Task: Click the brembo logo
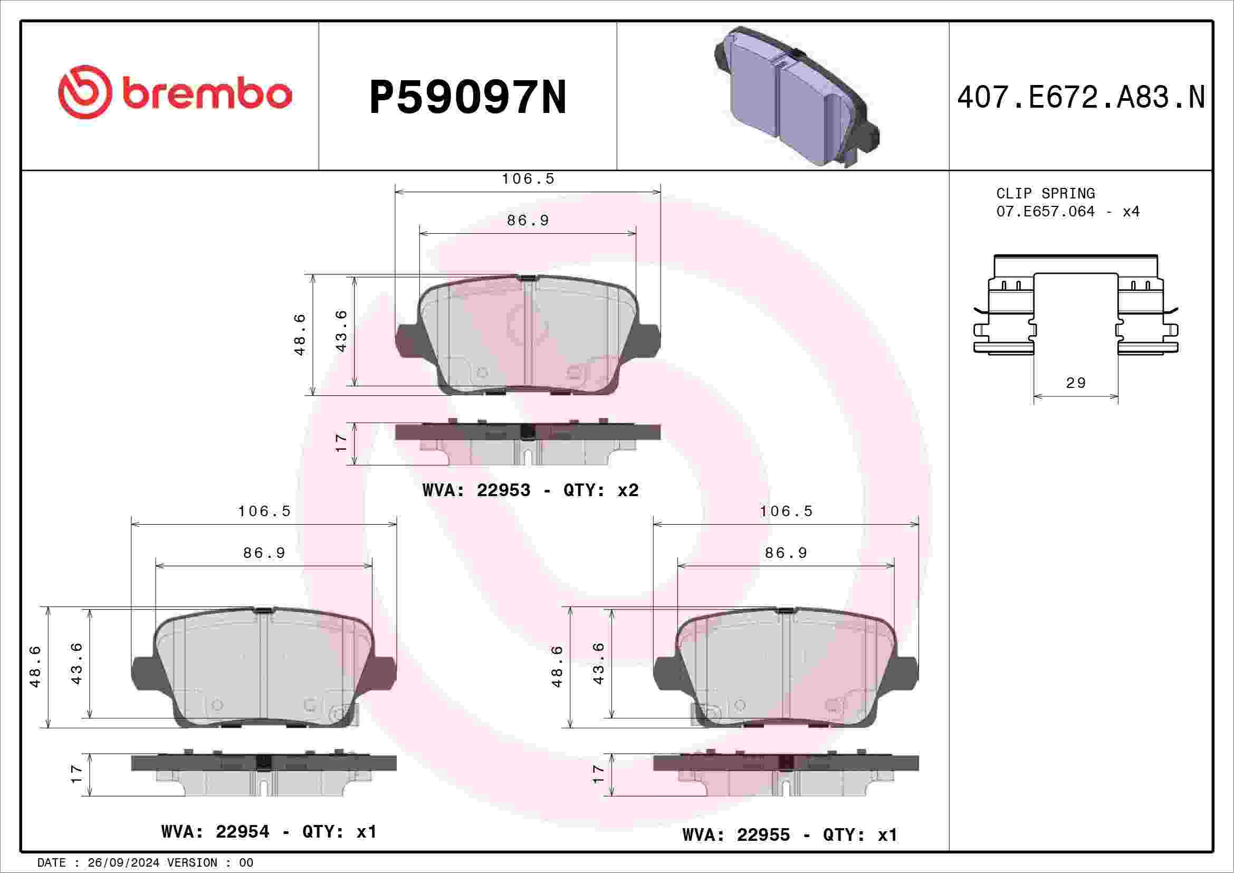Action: [x=175, y=92]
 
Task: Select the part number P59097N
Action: [x=467, y=97]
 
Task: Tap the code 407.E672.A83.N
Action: [x=1082, y=97]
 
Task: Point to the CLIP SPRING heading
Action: [x=1045, y=193]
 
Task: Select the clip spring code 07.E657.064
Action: [x=1045, y=211]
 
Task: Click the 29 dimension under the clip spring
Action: [x=1075, y=383]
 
